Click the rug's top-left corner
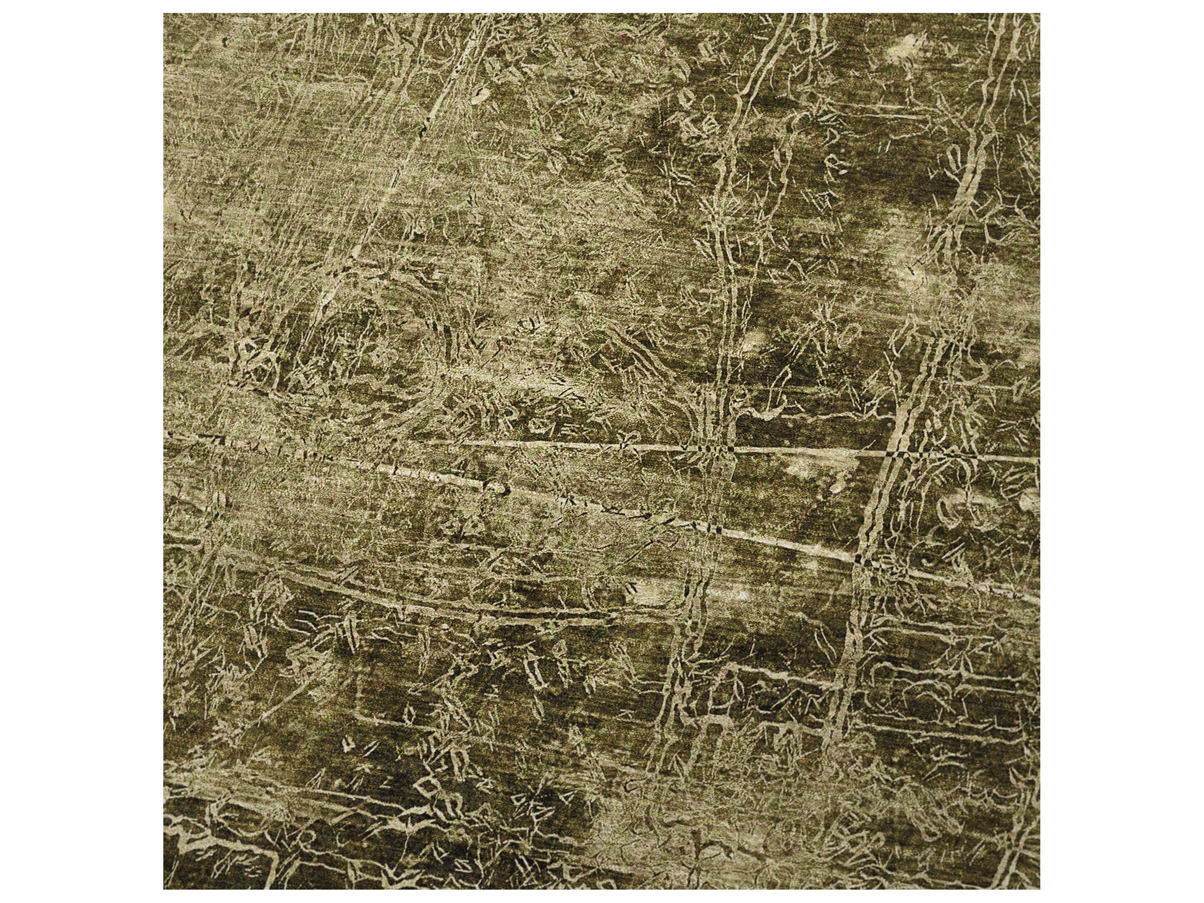(164, 14)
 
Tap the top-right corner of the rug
(1039, 14)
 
